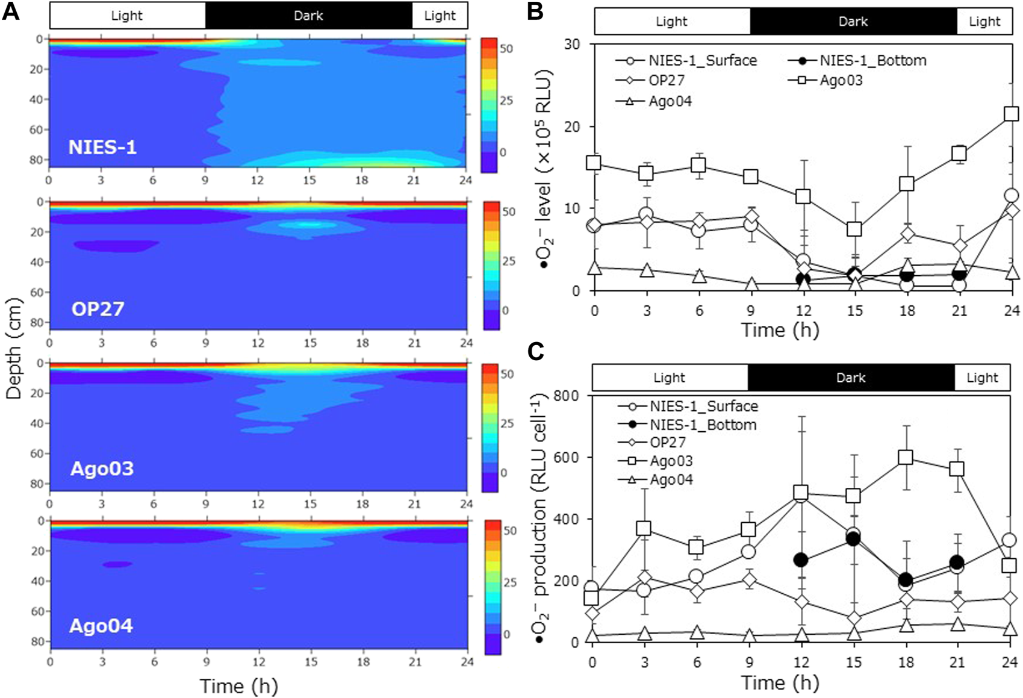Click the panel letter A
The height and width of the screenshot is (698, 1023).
tap(11, 11)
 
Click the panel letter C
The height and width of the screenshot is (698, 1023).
tap(535, 351)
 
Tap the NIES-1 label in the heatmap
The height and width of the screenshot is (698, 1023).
tap(102, 147)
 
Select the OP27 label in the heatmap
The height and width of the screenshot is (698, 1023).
tap(98, 308)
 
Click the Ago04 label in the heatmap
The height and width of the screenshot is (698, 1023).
tap(101, 626)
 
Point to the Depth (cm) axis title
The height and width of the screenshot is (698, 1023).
tap(13, 349)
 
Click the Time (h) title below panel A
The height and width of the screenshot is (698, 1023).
tap(238, 686)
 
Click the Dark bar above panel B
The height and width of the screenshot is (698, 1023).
tap(853, 22)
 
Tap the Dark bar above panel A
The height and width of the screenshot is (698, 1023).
tap(308, 16)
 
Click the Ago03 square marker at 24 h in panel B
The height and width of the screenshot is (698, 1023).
tap(1011, 114)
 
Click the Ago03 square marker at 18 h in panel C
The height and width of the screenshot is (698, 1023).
tap(906, 457)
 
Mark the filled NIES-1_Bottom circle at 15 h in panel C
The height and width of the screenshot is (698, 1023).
tap(853, 539)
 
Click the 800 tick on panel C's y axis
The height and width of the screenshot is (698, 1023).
tap(567, 396)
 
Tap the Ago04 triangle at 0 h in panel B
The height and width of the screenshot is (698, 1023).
tap(595, 267)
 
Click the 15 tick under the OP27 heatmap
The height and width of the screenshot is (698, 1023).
tap(309, 343)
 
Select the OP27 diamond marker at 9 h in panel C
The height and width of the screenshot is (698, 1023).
tap(749, 580)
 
